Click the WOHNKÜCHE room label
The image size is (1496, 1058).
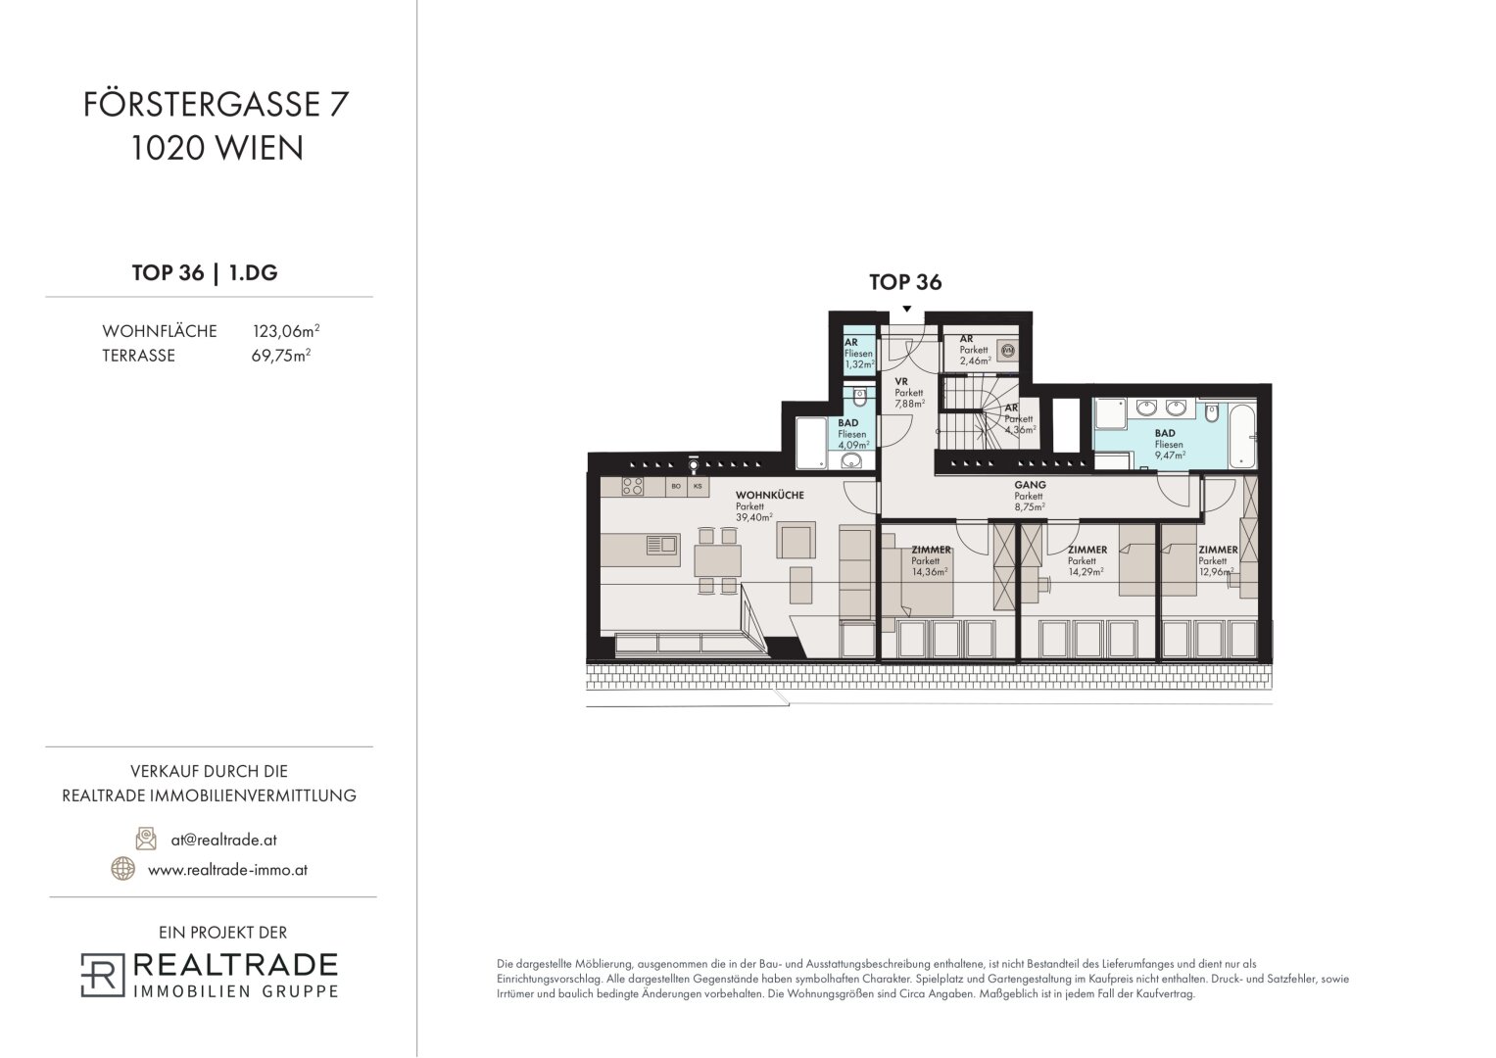pos(769,495)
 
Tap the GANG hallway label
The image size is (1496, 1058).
pos(1030,485)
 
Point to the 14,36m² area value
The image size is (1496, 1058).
pos(930,572)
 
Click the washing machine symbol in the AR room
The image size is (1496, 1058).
pos(1008,350)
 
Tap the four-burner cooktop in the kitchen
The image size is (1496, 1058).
pos(633,486)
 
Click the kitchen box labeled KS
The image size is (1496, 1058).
pos(698,486)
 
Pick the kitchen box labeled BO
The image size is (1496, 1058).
pos(676,486)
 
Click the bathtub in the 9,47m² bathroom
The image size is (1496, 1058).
pos(1242,435)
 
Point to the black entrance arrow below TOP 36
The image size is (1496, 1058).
pos(906,309)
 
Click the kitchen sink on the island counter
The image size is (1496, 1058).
pos(661,545)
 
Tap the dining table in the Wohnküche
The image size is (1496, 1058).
pos(717,561)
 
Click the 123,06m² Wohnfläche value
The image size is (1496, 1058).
pos(286,331)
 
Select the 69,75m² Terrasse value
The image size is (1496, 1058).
pos(281,356)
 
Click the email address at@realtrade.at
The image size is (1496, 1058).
pos(223,841)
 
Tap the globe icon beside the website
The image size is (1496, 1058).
pos(122,868)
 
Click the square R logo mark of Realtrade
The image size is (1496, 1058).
pos(103,975)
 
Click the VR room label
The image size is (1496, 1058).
pos(901,382)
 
